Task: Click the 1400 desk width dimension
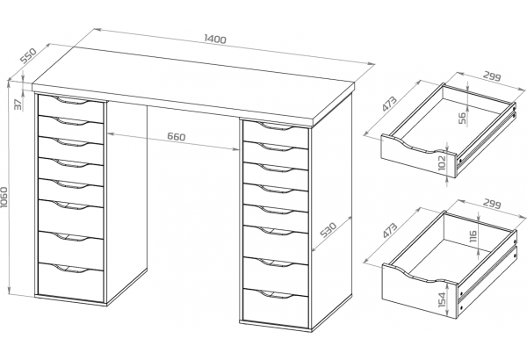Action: click(215, 39)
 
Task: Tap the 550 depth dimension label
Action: click(28, 55)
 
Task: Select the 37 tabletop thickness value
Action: click(18, 104)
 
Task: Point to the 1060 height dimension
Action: click(4, 198)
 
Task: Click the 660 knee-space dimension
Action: click(177, 136)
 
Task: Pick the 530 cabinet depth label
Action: click(328, 229)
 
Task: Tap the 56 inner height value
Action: click(463, 118)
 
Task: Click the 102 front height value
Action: click(443, 162)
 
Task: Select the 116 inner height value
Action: click(473, 236)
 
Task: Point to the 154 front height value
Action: click(443, 299)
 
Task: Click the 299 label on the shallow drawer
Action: click(492, 76)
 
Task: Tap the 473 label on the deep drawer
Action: click(390, 230)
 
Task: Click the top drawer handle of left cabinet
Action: click(71, 100)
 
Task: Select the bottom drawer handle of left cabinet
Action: click(71, 268)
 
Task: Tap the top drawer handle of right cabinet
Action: click(277, 126)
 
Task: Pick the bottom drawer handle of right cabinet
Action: click(277, 294)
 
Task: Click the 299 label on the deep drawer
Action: click(492, 204)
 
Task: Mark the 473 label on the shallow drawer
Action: click(390, 104)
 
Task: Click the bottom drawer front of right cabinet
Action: click(275, 308)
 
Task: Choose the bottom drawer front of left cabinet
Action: click(70, 283)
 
